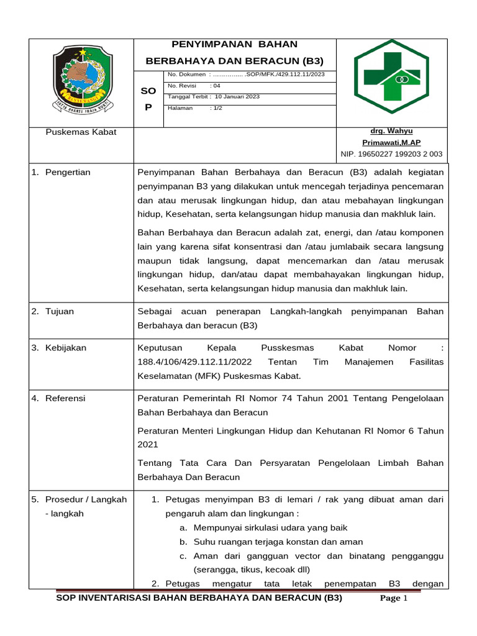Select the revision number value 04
pos(216,86)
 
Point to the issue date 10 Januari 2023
pos(237,97)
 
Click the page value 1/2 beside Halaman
pos(217,107)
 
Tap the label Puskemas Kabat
pos(81,132)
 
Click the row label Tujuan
pos(60,311)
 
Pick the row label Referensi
pos(65,398)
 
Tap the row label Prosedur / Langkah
pos(86,499)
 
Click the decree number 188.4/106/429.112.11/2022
pos(194,362)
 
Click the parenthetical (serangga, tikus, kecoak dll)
pos(251,570)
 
